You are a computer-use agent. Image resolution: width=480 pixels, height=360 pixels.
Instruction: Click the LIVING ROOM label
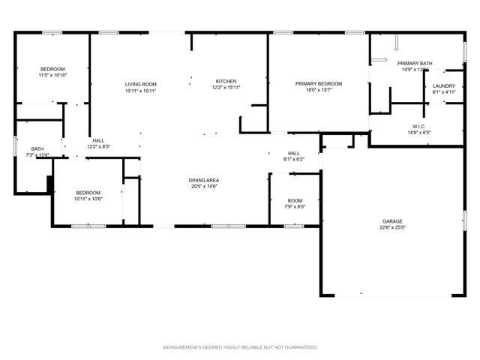[x=140, y=84]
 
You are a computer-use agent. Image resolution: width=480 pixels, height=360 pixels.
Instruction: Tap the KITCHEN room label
[x=226, y=81]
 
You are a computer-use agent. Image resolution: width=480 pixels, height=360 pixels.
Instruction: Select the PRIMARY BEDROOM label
[x=318, y=84]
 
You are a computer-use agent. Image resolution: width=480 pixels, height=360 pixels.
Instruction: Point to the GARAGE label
[x=392, y=221]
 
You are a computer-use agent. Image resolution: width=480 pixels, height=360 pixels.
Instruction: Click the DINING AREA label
[x=203, y=180]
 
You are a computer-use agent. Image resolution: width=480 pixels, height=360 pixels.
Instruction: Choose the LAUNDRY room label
[x=444, y=86]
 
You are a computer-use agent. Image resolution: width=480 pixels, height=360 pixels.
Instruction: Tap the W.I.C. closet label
[x=418, y=126]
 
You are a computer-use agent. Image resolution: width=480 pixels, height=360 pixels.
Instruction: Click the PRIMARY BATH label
[x=414, y=64]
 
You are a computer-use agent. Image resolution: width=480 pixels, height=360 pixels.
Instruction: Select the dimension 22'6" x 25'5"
[x=392, y=228]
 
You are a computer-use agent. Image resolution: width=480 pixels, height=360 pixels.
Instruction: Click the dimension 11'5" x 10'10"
[x=52, y=76]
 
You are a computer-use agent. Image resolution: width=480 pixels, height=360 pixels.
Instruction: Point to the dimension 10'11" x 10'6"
[x=88, y=199]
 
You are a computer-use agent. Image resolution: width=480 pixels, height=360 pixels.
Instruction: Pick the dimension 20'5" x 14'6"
[x=203, y=187]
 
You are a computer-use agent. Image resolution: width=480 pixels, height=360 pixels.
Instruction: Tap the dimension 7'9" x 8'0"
[x=295, y=207]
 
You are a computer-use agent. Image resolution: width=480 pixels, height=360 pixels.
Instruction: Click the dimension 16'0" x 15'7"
[x=318, y=91]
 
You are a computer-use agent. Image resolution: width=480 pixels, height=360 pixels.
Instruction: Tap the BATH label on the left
[x=37, y=148]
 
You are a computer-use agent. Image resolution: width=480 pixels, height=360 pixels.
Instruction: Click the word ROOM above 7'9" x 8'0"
[x=295, y=200]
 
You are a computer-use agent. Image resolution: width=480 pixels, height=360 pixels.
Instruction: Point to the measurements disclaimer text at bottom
[x=240, y=347]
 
